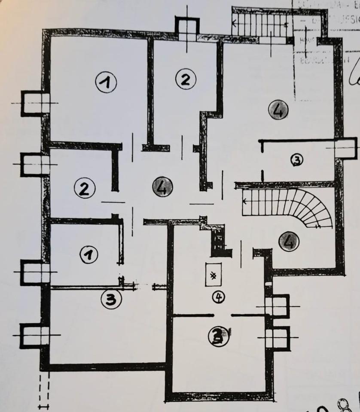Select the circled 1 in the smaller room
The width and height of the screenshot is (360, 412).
(x=89, y=254)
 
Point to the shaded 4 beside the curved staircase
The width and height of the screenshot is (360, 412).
(x=289, y=242)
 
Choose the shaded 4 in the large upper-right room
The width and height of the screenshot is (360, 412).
(x=277, y=111)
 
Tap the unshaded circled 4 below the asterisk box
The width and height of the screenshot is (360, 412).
(x=218, y=296)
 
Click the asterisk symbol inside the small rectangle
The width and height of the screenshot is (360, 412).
(x=213, y=274)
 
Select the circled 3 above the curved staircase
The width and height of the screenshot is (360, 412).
(x=296, y=160)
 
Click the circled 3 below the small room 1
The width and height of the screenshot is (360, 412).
(x=110, y=300)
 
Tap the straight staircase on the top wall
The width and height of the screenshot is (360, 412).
(x=260, y=23)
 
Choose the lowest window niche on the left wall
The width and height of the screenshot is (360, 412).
(x=34, y=335)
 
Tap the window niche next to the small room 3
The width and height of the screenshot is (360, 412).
(x=345, y=148)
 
